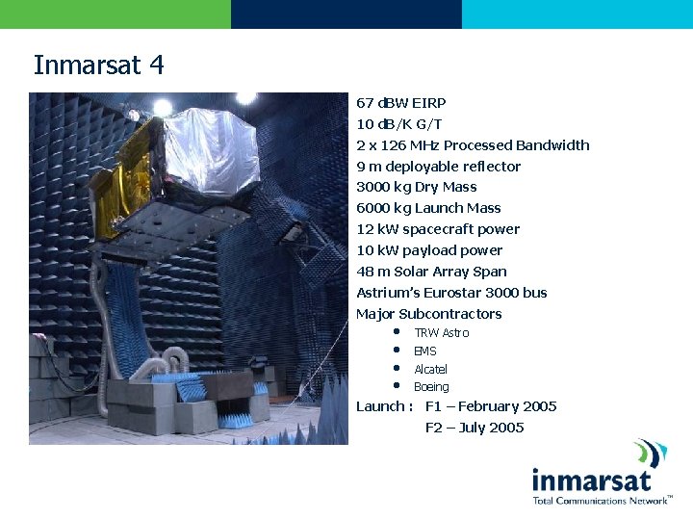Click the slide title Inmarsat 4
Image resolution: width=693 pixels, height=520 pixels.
point(99,65)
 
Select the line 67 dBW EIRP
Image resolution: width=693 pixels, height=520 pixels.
point(400,103)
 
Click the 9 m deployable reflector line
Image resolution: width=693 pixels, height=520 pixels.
point(438,167)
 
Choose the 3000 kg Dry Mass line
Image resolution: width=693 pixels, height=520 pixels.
point(416,187)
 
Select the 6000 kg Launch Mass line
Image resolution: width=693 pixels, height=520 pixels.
point(428,208)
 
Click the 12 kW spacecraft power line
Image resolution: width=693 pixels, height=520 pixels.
point(438,229)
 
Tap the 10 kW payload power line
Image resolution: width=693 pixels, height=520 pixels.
point(429,250)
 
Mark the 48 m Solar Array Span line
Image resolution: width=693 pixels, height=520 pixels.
point(431,272)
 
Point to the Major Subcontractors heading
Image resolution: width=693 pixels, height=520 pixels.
point(429,314)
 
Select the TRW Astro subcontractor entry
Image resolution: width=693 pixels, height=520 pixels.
point(441,333)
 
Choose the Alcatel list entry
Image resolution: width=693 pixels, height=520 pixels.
point(430,370)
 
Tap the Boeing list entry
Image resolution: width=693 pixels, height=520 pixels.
point(431,387)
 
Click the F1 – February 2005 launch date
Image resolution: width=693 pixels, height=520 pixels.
point(491,406)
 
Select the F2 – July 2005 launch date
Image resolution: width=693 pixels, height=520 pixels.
point(475,428)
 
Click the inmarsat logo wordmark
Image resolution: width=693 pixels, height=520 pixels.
point(591,479)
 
